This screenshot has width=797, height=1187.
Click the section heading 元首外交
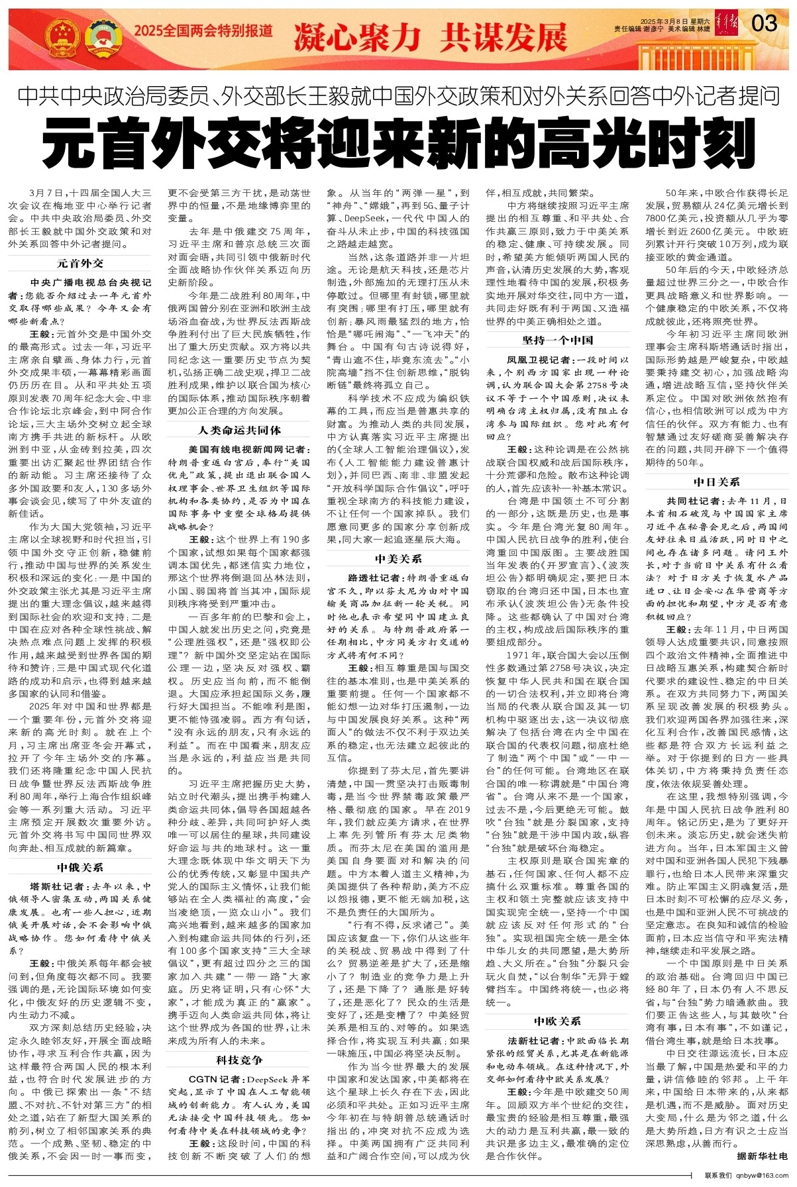click(80, 263)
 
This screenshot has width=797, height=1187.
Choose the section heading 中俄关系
click(80, 867)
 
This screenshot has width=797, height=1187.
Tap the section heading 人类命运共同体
click(239, 430)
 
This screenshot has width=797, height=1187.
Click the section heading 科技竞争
click(239, 1060)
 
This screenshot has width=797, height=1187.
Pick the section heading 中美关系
click(398, 558)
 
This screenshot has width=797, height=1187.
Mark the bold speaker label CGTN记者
click(210, 1079)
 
